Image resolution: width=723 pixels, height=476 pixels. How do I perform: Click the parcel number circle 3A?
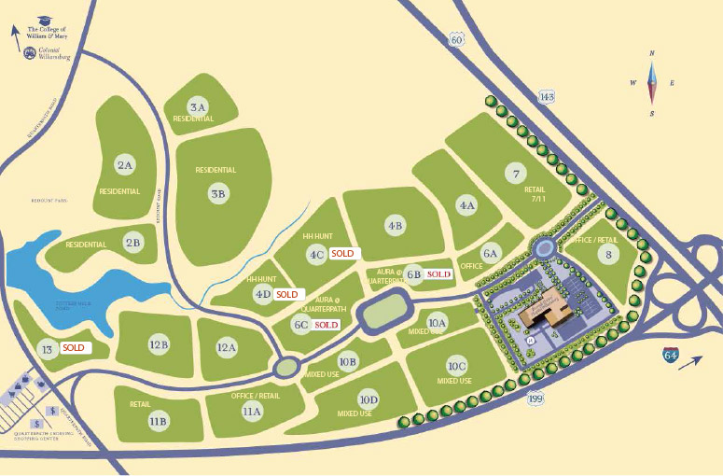[x=198, y=105]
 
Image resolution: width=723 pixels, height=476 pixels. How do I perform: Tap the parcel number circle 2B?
[x=133, y=243]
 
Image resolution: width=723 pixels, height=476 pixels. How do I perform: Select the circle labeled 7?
[x=515, y=173]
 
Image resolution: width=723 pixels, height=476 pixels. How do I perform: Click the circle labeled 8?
[x=609, y=253]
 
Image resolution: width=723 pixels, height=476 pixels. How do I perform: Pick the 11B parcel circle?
[x=158, y=421]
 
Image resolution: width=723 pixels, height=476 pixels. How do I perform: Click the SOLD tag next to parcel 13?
[x=74, y=347]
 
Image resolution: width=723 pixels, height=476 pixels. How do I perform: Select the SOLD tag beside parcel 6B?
[x=438, y=274]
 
